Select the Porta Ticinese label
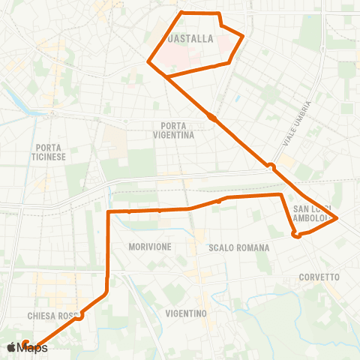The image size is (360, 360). [x=50, y=152]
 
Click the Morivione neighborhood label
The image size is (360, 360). [x=150, y=247]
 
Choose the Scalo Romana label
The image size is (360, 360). [x=233, y=247]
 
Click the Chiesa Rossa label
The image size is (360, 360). [x=52, y=316]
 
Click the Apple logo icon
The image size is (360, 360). [x=11, y=347]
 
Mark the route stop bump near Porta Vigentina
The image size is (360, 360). [x=213, y=118]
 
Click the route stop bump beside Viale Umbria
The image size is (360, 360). [x=271, y=166]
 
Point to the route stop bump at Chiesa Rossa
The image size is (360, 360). [x=79, y=316]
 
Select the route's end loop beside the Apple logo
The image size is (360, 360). [x=25, y=343]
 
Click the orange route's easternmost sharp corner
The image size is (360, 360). [x=337, y=218]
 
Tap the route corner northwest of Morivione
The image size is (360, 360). [x=109, y=212]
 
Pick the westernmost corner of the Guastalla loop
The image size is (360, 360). [x=148, y=61]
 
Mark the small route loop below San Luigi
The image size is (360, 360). [x=296, y=235]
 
